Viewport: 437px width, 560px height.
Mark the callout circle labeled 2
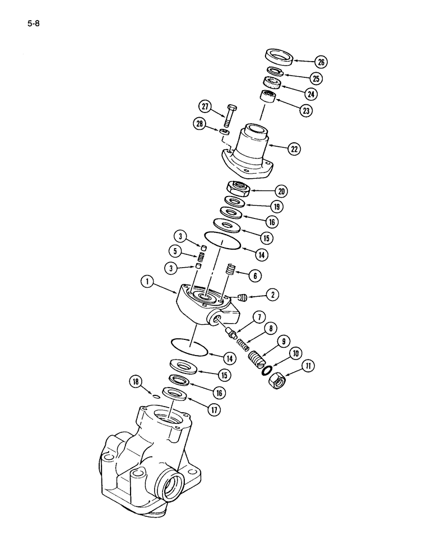coord(273,293)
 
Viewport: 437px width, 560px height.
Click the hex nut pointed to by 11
coord(278,382)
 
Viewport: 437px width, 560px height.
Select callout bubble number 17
coord(214,410)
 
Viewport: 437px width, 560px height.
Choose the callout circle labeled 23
coord(305,111)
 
